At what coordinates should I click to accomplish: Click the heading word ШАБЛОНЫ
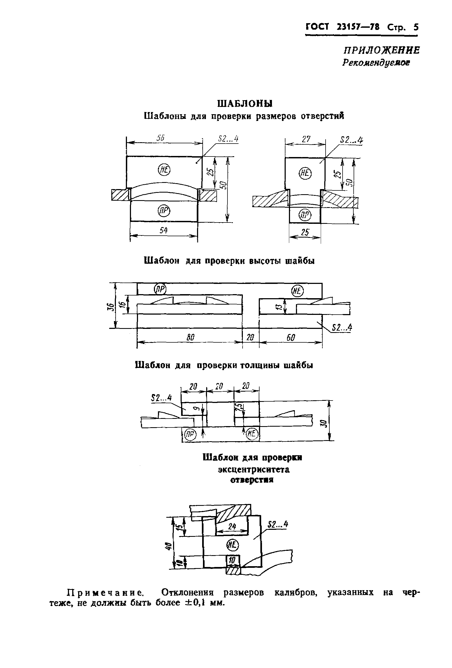click(x=245, y=103)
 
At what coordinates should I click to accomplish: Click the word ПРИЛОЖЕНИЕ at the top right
click(x=381, y=50)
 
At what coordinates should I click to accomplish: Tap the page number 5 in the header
click(x=416, y=27)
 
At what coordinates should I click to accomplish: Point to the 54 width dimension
click(x=163, y=230)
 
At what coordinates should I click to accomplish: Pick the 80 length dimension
click(x=190, y=338)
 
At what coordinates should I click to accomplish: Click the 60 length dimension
click(x=291, y=338)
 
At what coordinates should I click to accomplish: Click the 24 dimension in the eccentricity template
click(x=232, y=526)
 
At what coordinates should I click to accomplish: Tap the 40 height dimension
click(x=169, y=545)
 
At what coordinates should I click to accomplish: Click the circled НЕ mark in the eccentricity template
click(x=233, y=544)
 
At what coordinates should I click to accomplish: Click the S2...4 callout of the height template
click(x=341, y=328)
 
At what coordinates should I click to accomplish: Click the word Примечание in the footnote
click(x=105, y=592)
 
